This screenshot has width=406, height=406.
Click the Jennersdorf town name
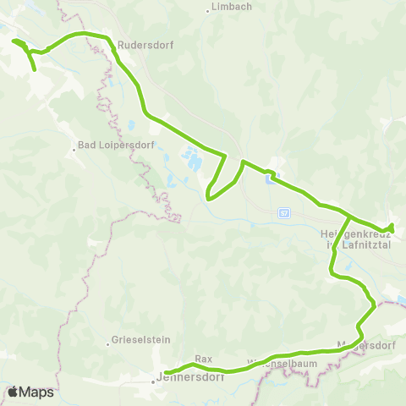coord(183,380)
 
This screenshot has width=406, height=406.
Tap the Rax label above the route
coord(202,359)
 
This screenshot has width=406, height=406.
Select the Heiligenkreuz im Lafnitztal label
coord(348,239)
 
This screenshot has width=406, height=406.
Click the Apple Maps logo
coord(31,392)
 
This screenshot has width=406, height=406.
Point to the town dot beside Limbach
coord(208,10)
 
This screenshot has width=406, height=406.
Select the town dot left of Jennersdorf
coord(153,381)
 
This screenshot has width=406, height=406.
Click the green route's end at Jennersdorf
coord(166,372)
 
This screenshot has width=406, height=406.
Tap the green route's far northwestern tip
coord(13,40)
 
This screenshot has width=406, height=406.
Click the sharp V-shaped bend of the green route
coord(209,200)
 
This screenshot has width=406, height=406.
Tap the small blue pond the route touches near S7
coord(269,178)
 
